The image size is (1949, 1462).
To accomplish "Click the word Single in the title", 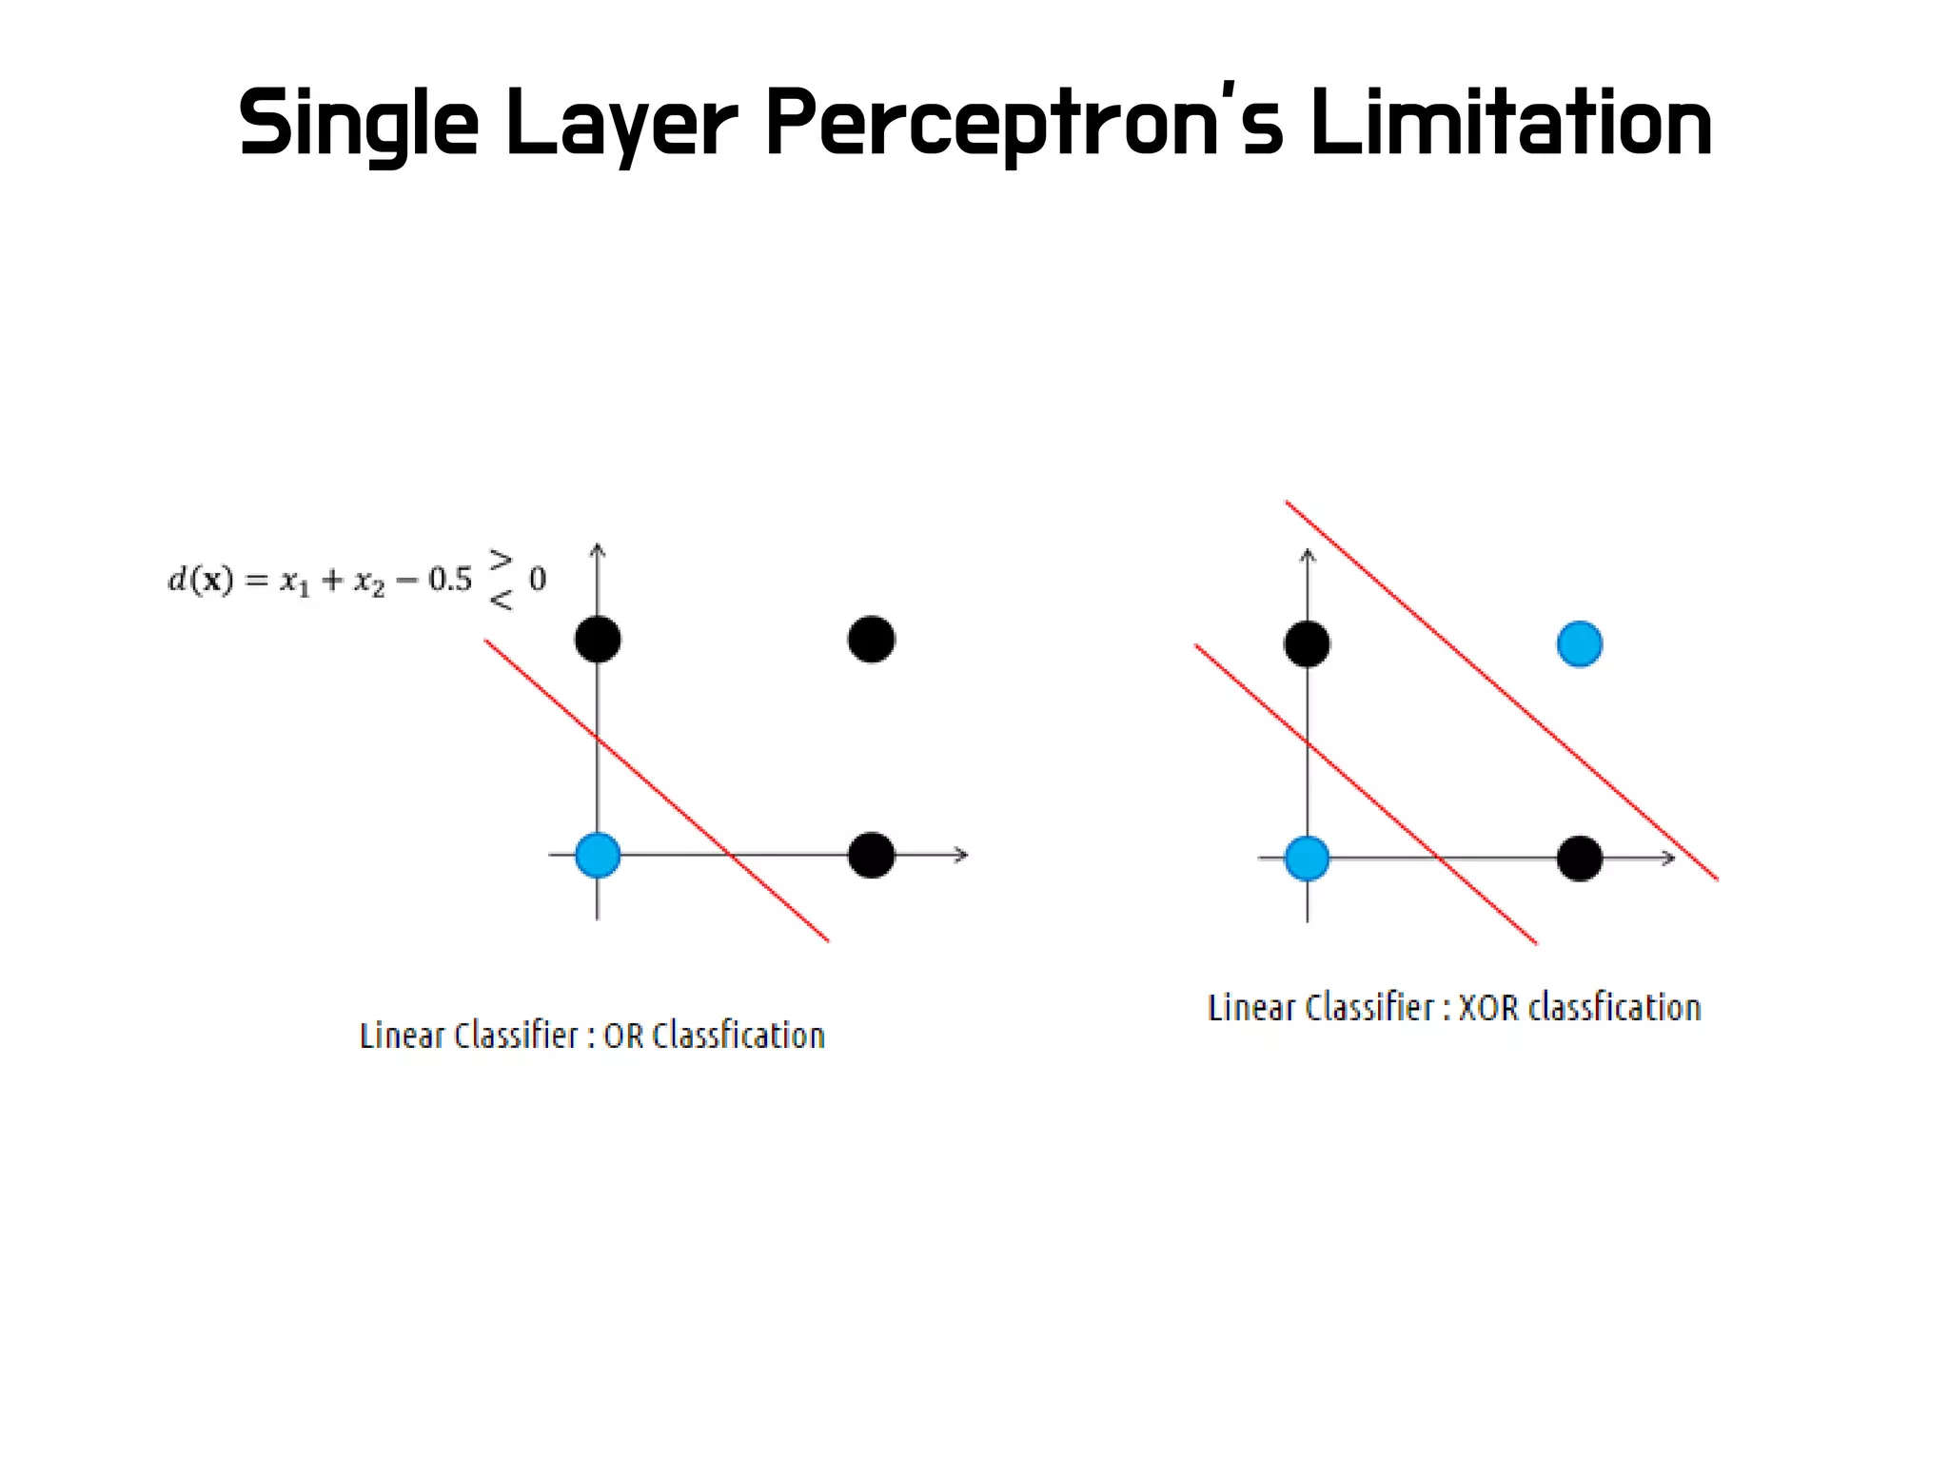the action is point(358,124).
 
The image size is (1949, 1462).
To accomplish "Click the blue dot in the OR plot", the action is point(598,854).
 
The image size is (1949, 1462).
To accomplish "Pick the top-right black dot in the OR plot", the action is point(871,639).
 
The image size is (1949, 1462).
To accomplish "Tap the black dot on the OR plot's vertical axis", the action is point(598,638).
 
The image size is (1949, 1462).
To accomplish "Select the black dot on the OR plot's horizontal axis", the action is point(871,855).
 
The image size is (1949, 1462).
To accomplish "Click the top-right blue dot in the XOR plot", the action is point(1580,644).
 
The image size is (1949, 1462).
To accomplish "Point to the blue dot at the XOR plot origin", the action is point(1307,858).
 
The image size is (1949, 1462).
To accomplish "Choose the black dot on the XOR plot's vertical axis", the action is point(1307,644).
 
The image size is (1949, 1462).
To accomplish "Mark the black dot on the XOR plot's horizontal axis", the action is point(1580,859).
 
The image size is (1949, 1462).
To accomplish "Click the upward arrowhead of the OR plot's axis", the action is point(598,549).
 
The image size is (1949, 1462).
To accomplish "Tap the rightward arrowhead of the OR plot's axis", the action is point(962,855).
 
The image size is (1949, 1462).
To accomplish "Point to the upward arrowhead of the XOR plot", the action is point(1308,555).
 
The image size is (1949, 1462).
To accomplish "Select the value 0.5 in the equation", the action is point(449,580).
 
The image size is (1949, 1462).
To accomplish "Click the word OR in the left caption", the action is point(623,1036).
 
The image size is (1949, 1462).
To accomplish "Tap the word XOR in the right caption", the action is point(1488,1007).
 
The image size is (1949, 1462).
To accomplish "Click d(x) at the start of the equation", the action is point(201,580).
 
